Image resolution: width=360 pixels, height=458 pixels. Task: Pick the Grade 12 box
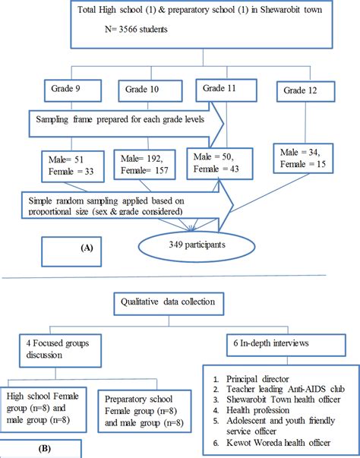click(x=304, y=90)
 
